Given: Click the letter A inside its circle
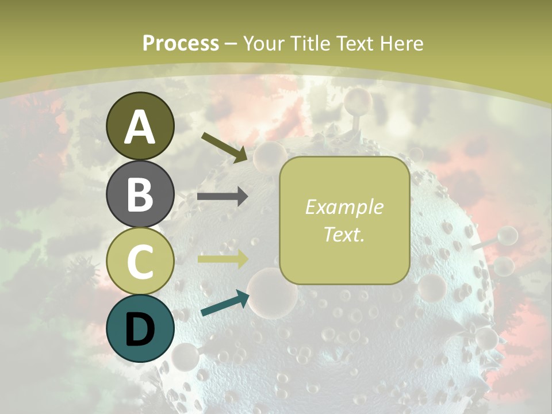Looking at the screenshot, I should pyautogui.click(x=140, y=126).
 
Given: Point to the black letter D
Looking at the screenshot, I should pyautogui.click(x=140, y=329).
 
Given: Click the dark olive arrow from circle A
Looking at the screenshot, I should pyautogui.click(x=224, y=147).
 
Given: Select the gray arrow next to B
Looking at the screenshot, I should pyautogui.click(x=223, y=197).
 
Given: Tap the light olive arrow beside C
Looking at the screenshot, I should pyautogui.click(x=223, y=259).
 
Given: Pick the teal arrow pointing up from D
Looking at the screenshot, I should pyautogui.click(x=225, y=304).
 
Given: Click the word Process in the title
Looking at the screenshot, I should pyautogui.click(x=181, y=43).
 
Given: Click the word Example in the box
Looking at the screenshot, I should pyautogui.click(x=344, y=207).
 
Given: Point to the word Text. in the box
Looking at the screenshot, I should pyautogui.click(x=344, y=235).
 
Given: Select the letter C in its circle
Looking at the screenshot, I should pyautogui.click(x=140, y=262).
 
